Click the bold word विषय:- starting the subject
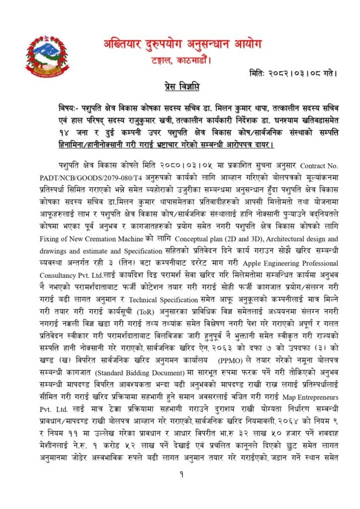coord(68,109)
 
